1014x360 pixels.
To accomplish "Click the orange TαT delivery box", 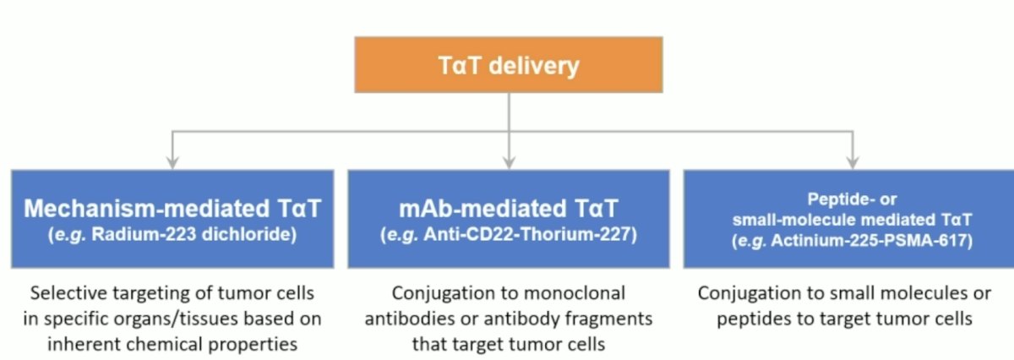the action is (509, 65).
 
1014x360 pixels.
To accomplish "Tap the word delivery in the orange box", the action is (534, 65).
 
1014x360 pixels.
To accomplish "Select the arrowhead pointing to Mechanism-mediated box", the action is (172, 162).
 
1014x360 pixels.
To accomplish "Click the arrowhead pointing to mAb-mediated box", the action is (509, 162).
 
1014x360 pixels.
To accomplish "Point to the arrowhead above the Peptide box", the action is (853, 162).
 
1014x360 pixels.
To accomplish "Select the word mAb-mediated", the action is (483, 208).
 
